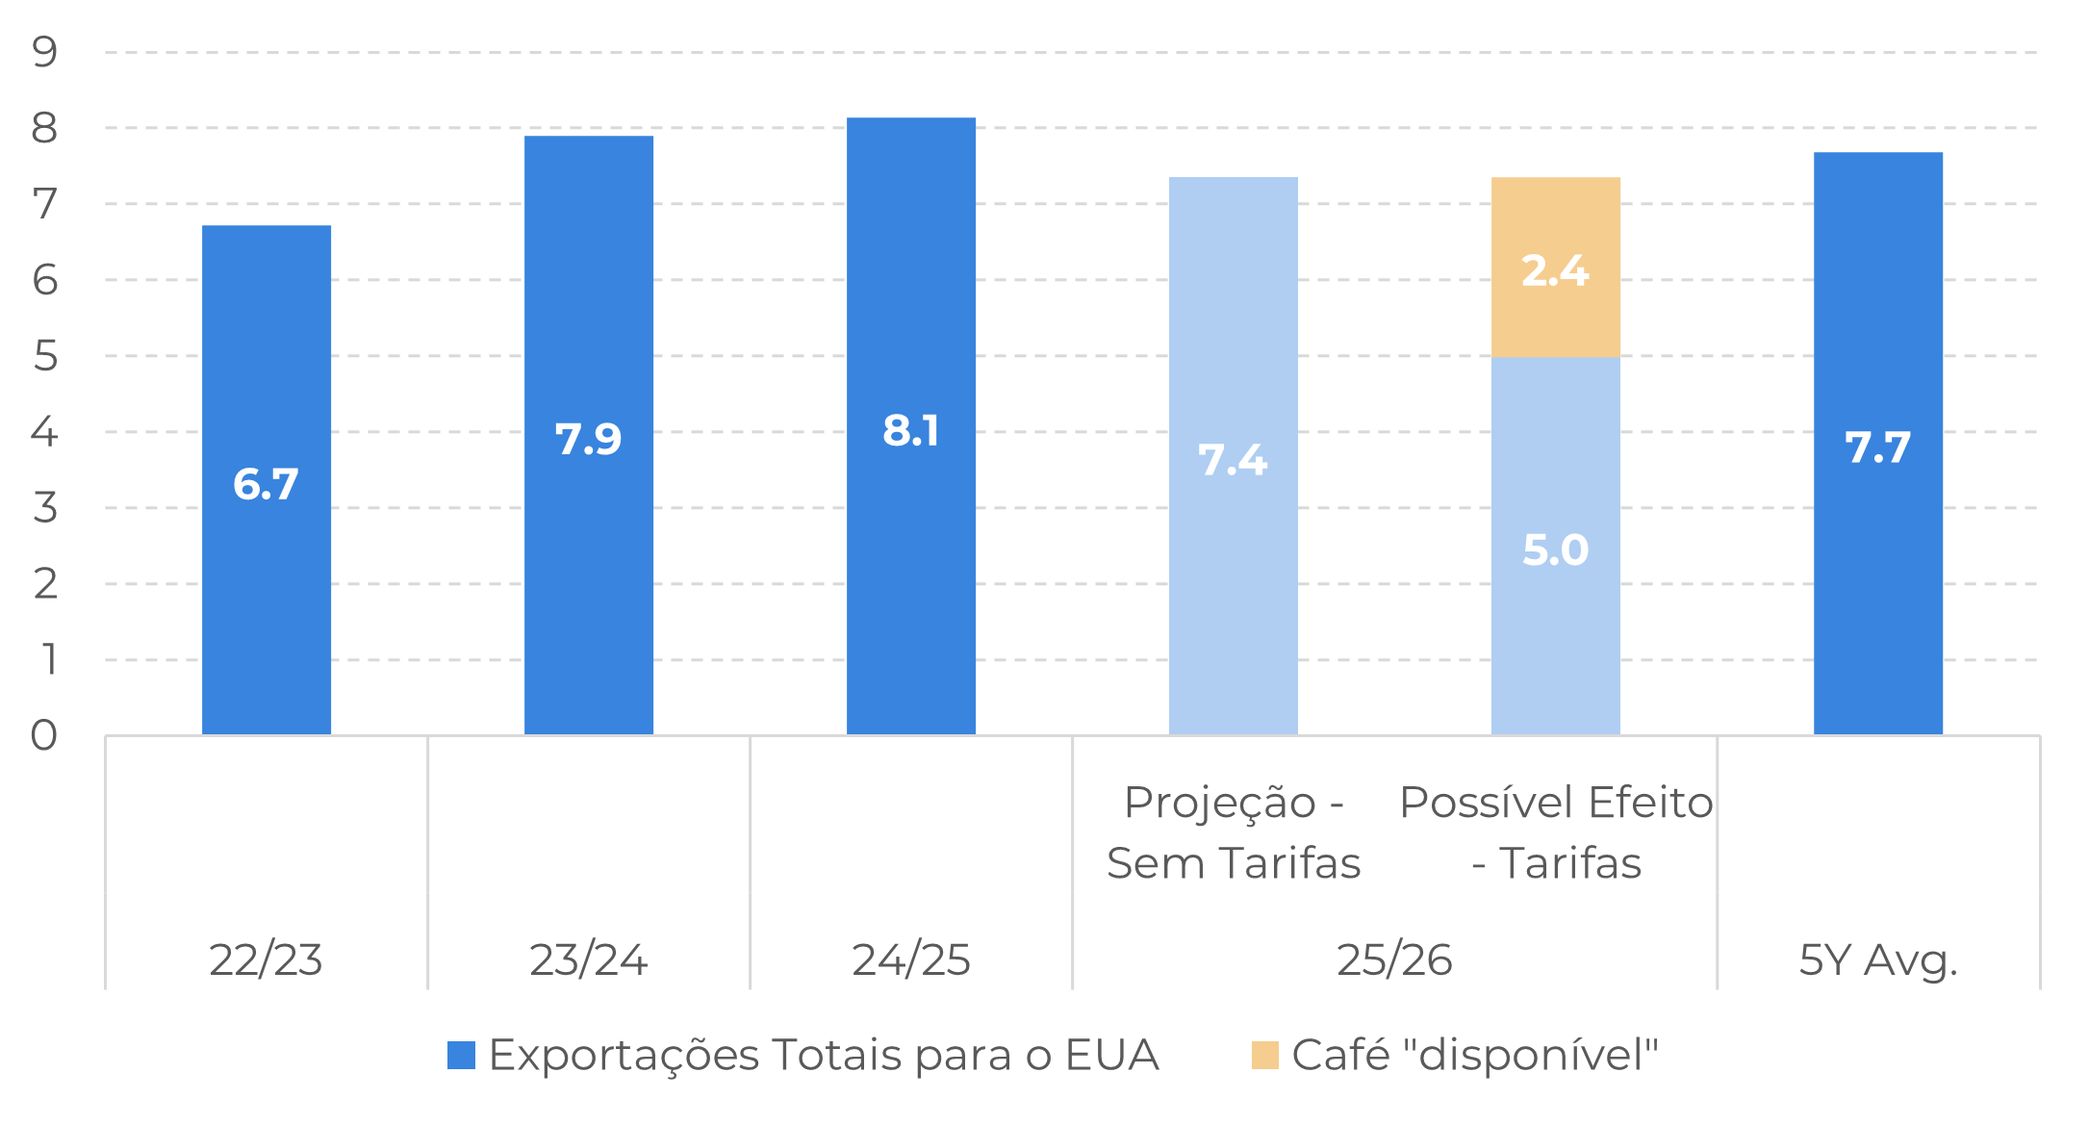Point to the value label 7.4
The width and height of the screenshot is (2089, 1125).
[x=1233, y=460]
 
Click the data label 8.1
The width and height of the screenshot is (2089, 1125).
[x=911, y=430]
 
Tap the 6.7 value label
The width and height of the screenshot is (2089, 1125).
[x=267, y=484]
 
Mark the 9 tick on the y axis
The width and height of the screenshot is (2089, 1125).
[x=44, y=52]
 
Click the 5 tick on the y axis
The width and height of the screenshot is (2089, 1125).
[x=44, y=356]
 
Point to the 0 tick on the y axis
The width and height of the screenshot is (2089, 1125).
[x=44, y=735]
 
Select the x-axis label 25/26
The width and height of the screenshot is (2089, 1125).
[x=1394, y=959]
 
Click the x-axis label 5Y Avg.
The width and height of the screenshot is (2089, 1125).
[x=1878, y=959]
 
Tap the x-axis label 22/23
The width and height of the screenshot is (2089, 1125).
[x=267, y=959]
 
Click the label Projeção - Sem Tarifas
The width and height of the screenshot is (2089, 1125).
[x=1234, y=832]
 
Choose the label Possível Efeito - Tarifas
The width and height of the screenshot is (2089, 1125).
[x=1556, y=832]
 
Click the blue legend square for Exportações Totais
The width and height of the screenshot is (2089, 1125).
[x=462, y=1056]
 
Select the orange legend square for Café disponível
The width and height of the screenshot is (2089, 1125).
[x=1265, y=1056]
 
